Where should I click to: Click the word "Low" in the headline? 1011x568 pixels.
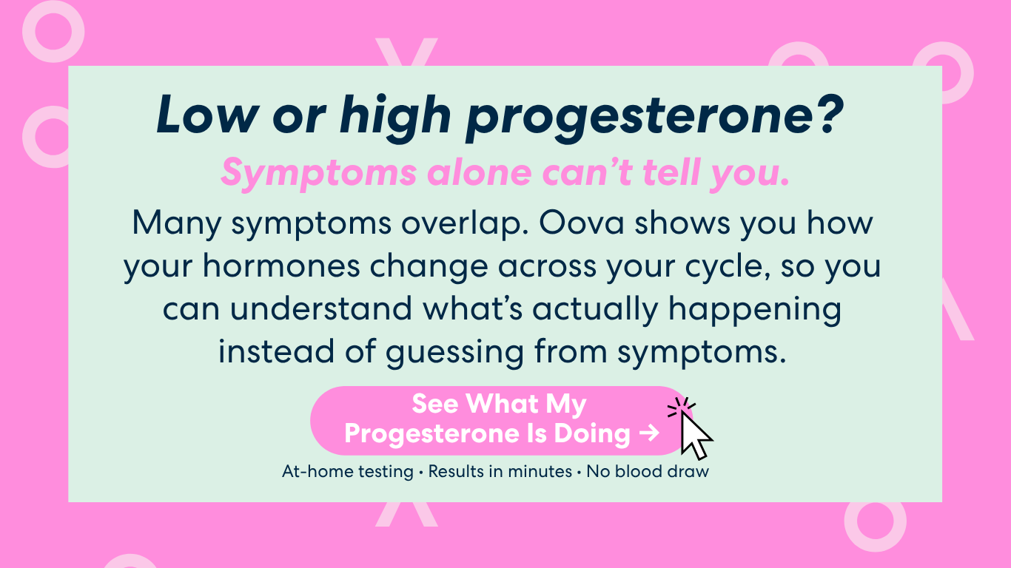pyautogui.click(x=208, y=115)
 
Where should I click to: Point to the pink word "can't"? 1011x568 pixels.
pyautogui.click(x=587, y=172)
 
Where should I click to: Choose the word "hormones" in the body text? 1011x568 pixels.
pyautogui.click(x=281, y=266)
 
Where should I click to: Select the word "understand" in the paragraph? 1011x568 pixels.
pyautogui.click(x=321, y=308)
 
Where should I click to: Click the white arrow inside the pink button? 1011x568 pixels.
pyautogui.click(x=650, y=433)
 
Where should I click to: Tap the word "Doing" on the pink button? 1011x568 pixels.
pyautogui.click(x=591, y=434)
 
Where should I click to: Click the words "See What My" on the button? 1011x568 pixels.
pyautogui.click(x=499, y=404)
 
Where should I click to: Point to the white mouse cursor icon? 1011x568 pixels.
pyautogui.click(x=695, y=436)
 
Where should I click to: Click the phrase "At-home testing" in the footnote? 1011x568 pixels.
pyautogui.click(x=348, y=471)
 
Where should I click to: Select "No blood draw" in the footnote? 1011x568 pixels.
pyautogui.click(x=647, y=471)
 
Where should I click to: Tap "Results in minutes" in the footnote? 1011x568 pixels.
pyautogui.click(x=500, y=471)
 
